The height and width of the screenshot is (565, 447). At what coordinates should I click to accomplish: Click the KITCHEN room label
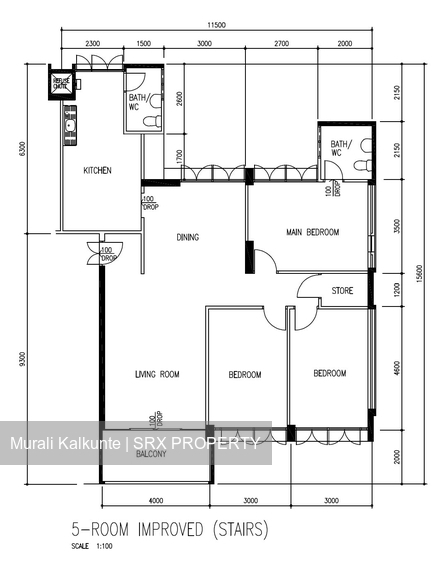click(97, 171)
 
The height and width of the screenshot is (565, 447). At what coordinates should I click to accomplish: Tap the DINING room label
click(187, 238)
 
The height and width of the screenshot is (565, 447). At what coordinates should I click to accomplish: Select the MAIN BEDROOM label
click(313, 232)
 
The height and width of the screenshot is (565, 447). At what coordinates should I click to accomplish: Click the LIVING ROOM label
click(157, 375)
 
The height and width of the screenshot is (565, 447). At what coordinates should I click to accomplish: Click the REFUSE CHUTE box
click(62, 84)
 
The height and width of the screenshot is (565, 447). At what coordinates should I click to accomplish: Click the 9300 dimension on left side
click(23, 358)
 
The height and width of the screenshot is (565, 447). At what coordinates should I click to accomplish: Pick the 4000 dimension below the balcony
click(155, 500)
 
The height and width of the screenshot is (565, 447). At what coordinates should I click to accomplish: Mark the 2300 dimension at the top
click(91, 45)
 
